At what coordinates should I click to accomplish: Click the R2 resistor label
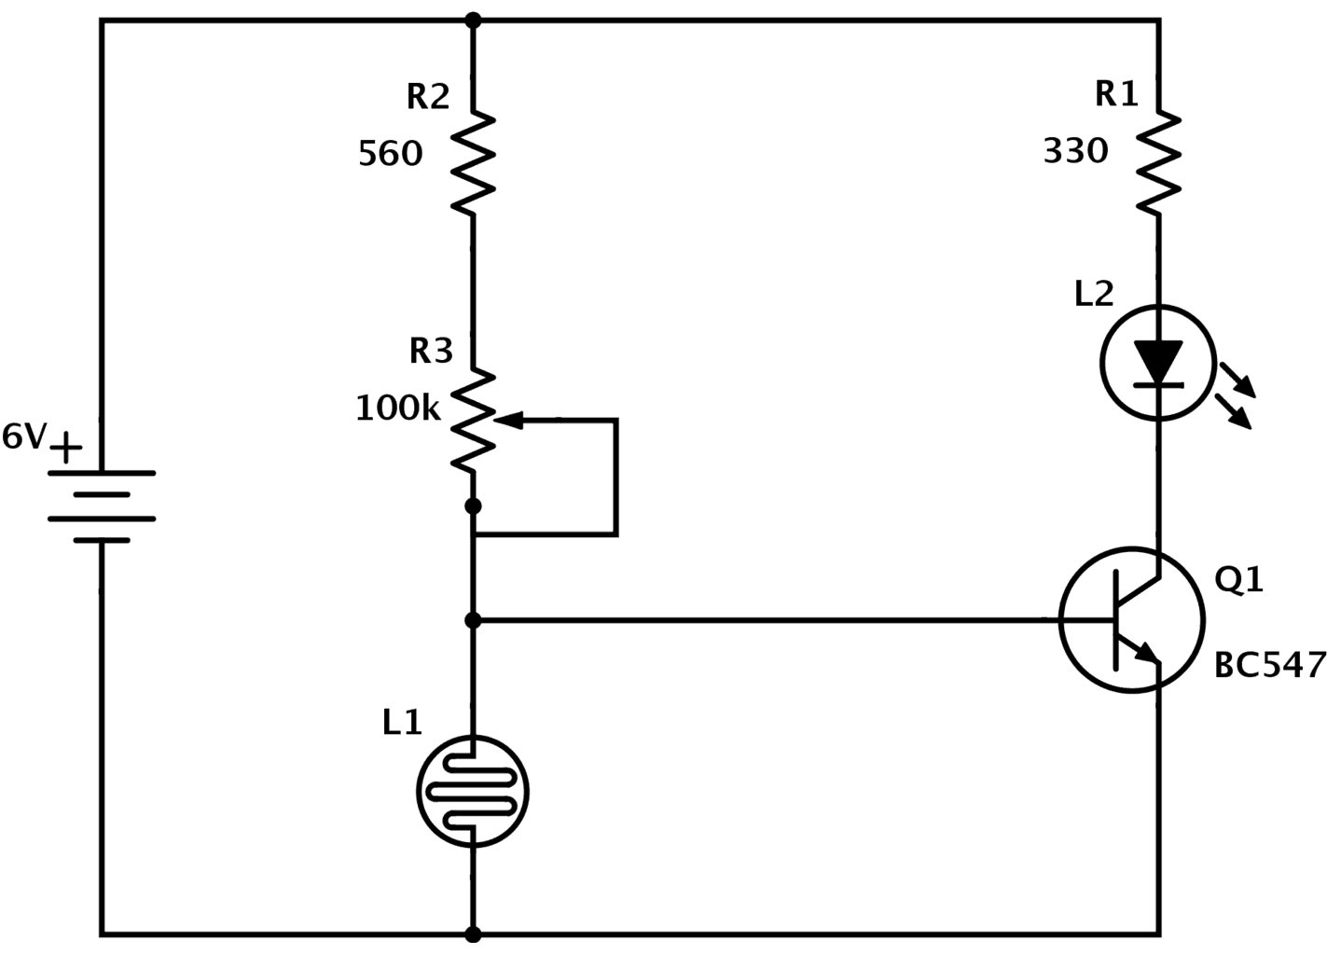[x=428, y=97]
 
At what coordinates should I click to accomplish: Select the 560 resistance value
[x=391, y=154]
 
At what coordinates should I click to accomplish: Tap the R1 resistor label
[x=1116, y=94]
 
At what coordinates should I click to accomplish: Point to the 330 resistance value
[x=1076, y=151]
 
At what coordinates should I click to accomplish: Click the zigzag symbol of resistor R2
[x=473, y=164]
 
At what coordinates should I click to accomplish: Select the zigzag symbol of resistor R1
[x=1159, y=163]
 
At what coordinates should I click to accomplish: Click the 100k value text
[x=397, y=408]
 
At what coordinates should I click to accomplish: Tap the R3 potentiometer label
[x=431, y=351]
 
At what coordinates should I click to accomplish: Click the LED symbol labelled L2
[x=1158, y=362]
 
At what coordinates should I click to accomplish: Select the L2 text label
[x=1094, y=295]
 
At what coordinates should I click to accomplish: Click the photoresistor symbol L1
[x=473, y=791]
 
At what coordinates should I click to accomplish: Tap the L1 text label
[x=402, y=723]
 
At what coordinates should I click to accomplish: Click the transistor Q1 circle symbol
[x=1131, y=619]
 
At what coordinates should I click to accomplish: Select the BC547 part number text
[x=1269, y=665]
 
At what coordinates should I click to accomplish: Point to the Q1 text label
[x=1238, y=580]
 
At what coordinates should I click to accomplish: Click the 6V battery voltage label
[x=23, y=436]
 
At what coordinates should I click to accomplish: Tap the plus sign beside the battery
[x=65, y=450]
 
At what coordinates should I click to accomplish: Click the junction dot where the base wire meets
[x=473, y=619]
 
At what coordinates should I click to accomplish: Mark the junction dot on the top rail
[x=473, y=20]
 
